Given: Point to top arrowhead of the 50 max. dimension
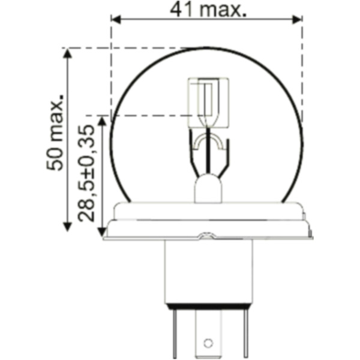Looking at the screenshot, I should click(x=67, y=53).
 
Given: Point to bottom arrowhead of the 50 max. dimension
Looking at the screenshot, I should click(x=67, y=226).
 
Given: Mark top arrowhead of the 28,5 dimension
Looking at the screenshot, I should click(x=102, y=121).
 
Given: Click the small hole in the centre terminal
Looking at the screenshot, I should click(x=208, y=343).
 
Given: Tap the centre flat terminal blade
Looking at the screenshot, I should click(x=208, y=336).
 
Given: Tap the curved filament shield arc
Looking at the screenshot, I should click(x=208, y=142).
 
